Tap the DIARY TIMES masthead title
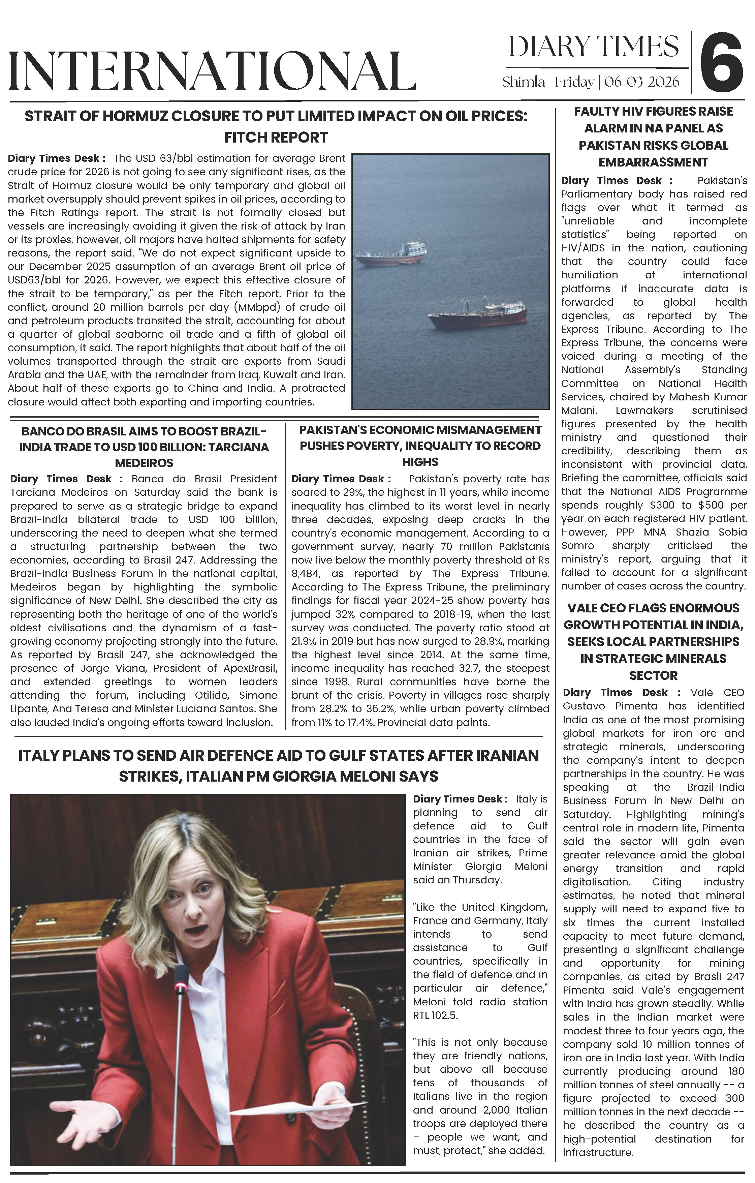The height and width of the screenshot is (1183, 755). pyautogui.click(x=593, y=47)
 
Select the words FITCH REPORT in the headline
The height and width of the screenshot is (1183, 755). pyautogui.click(x=276, y=138)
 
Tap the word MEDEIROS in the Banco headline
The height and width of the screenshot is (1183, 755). pyautogui.click(x=145, y=463)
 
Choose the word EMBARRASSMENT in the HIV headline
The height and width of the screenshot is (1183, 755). pyautogui.click(x=653, y=162)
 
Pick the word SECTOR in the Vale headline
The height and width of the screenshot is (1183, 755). pyautogui.click(x=653, y=675)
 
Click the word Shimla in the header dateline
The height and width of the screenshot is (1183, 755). pyautogui.click(x=523, y=82)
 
